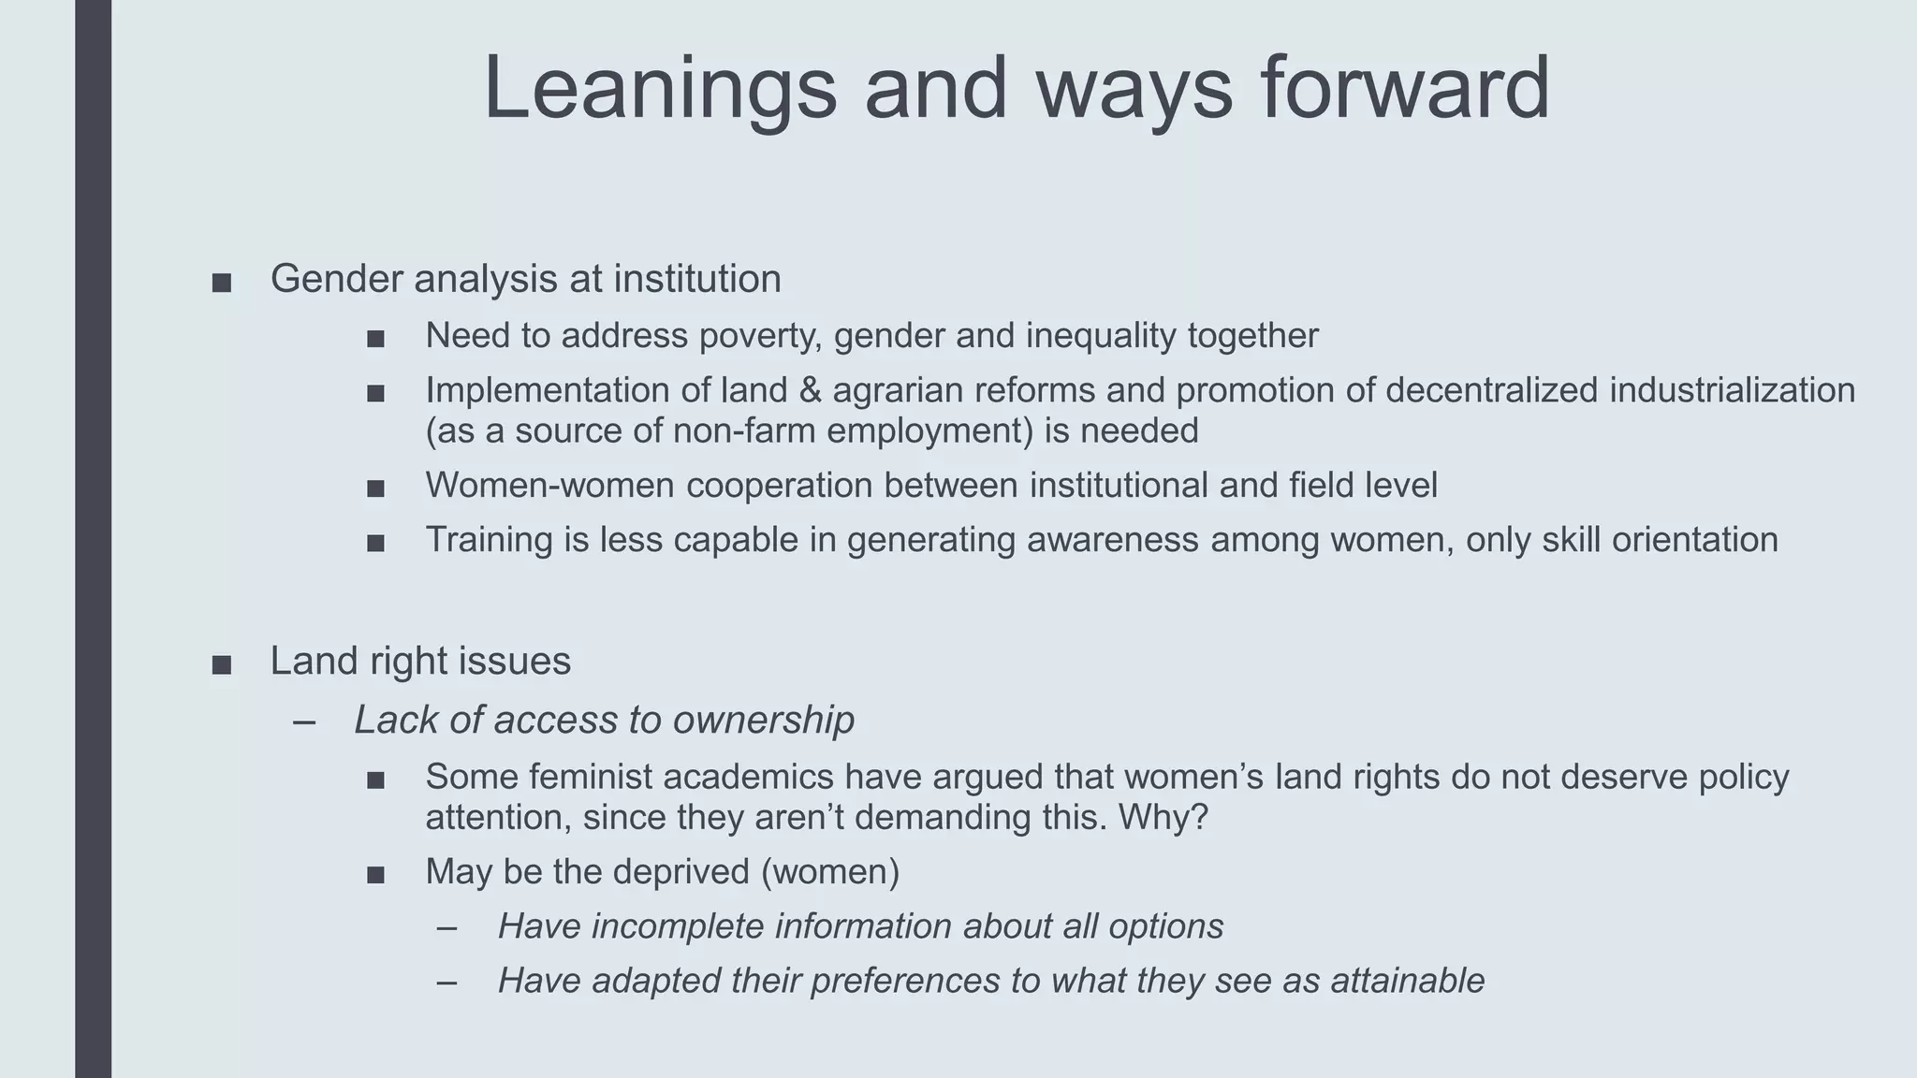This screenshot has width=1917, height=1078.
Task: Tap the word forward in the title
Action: [x=1405, y=89]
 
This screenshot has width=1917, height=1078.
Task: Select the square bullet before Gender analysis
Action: [x=222, y=283]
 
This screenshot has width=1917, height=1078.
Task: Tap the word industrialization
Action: [x=1732, y=390]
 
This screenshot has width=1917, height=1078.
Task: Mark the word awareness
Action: [x=1112, y=540]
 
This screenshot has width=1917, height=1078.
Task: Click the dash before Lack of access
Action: [x=303, y=721]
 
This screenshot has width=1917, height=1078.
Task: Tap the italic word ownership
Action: [x=763, y=720]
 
